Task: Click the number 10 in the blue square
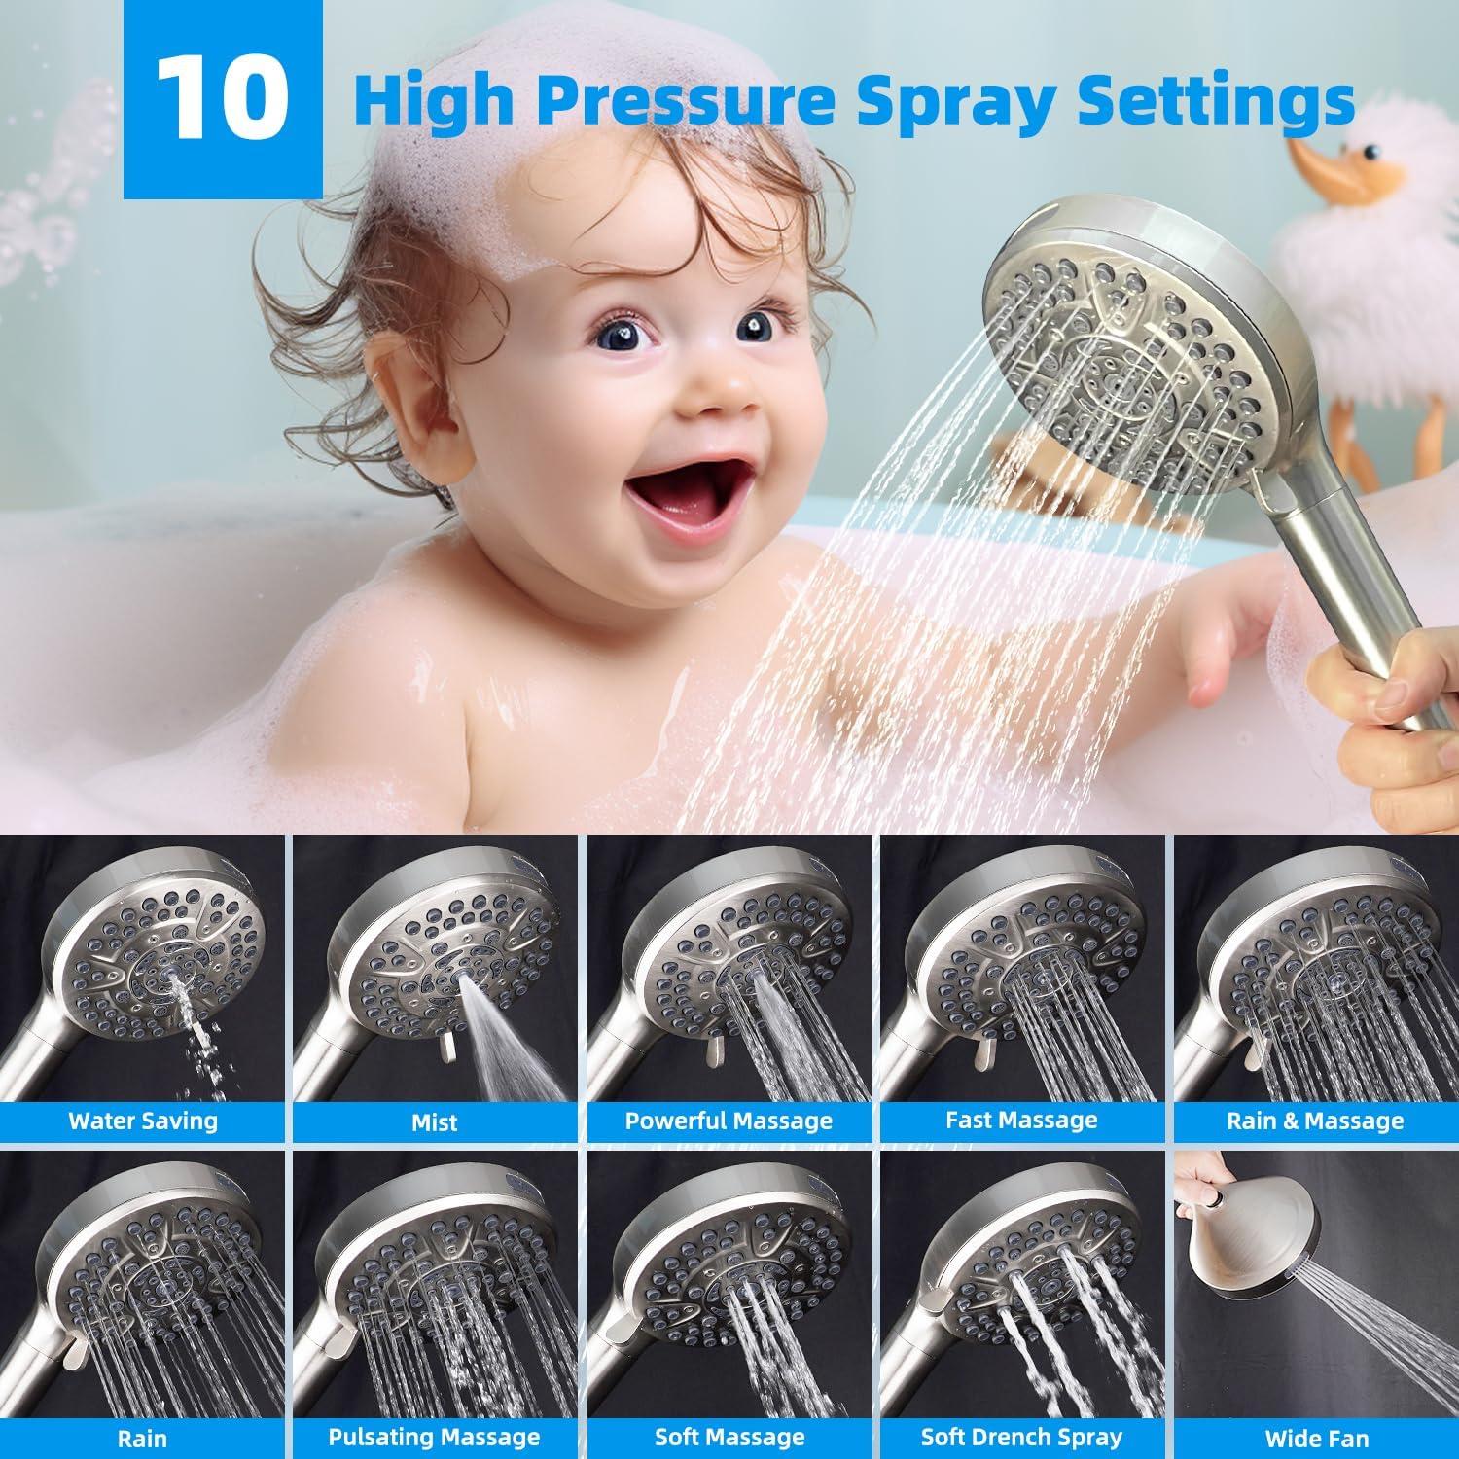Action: pos(224,100)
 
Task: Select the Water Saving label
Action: pos(143,1121)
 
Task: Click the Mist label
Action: pos(434,1121)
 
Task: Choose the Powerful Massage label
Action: pos(729,1121)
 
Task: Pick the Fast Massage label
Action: pos(1021,1121)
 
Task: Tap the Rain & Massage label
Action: pos(1315,1121)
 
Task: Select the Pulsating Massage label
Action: pos(434,1437)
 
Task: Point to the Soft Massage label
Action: pos(729,1437)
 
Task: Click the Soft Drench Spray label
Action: pos(1021,1437)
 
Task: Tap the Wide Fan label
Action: pos(1316,1438)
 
